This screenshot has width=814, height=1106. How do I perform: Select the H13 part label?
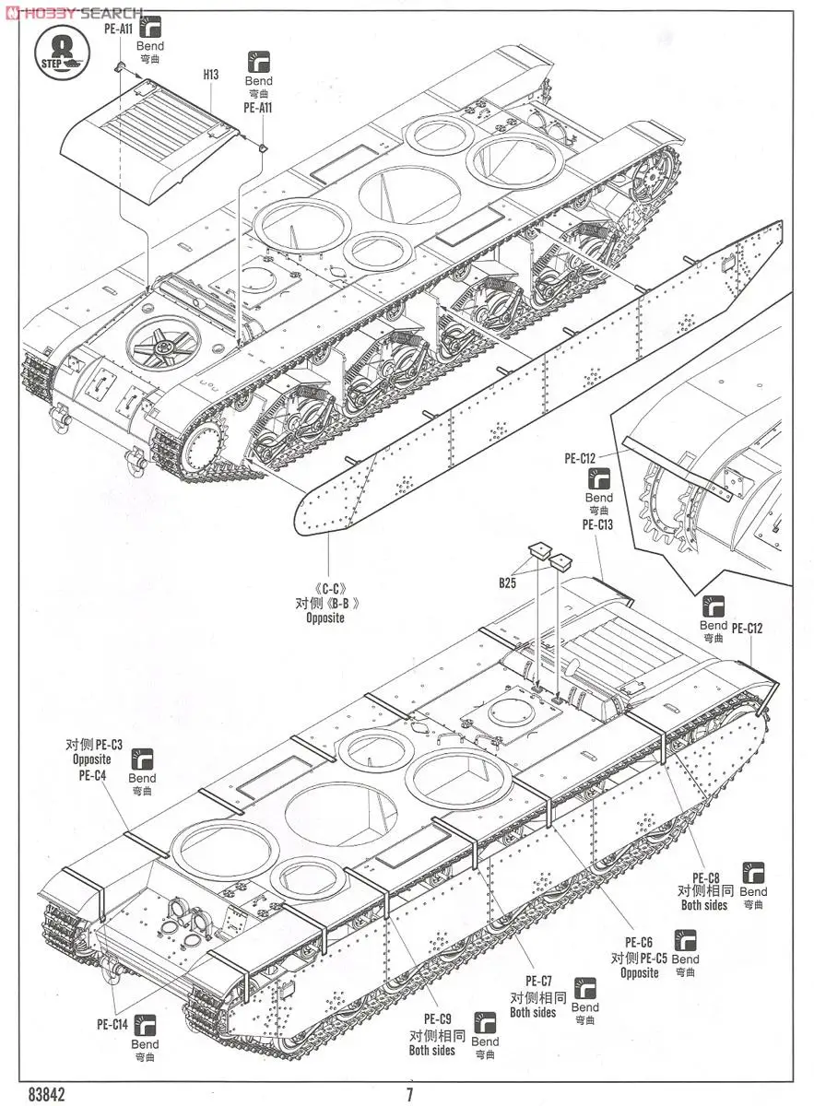point(211,75)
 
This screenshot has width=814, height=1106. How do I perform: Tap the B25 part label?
point(508,582)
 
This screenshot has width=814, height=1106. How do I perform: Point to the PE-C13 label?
point(597,524)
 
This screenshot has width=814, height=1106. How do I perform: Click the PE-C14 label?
point(112,1023)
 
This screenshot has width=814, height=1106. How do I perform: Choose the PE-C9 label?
point(437,1018)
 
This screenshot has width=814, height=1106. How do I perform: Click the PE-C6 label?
point(638,942)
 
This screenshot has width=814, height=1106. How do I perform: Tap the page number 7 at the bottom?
point(408,1094)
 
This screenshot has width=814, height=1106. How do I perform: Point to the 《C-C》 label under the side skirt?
point(325,589)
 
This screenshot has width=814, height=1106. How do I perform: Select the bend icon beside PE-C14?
point(145,1023)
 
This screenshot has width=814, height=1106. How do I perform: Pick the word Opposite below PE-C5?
point(639,972)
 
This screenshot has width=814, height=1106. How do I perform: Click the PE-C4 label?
point(91,775)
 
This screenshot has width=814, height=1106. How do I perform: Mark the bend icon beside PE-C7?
point(584,988)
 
